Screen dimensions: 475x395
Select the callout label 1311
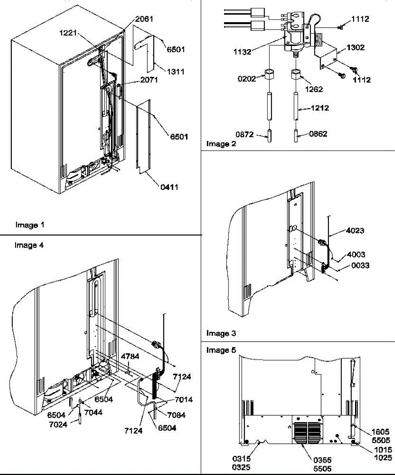coord(176,72)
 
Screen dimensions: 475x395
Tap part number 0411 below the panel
coord(169,187)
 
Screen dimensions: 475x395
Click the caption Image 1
coord(30,225)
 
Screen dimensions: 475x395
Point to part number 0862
coord(318,134)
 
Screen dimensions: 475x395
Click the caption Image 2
coord(221,144)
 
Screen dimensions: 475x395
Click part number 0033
coord(360,266)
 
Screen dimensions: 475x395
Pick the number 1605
coord(381,432)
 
